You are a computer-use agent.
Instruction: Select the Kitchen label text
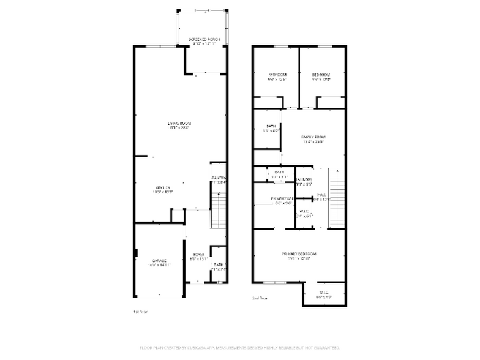point(162,189)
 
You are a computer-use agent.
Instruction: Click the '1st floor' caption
point(140,312)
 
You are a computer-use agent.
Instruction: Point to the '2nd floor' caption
point(260,298)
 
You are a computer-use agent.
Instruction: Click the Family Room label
point(313,139)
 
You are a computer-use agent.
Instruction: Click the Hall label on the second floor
point(321,196)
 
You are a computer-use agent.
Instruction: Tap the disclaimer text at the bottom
point(239,348)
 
